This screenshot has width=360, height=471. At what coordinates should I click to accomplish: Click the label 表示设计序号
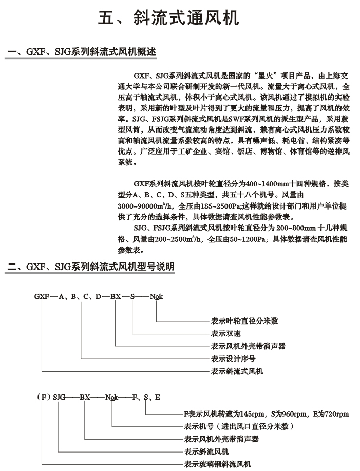click(233, 358)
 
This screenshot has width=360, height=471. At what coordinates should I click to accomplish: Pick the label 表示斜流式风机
click(237, 371)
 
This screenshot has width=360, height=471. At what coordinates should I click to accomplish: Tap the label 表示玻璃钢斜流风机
click(218, 464)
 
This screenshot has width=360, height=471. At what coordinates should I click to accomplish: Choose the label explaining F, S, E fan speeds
click(266, 414)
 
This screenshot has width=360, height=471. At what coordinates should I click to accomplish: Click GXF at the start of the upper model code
click(42, 296)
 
